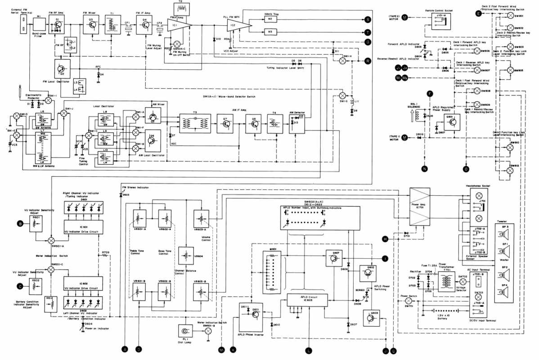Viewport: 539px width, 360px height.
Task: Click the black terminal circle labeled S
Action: tap(368, 20)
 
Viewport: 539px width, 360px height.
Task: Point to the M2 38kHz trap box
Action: tap(270, 19)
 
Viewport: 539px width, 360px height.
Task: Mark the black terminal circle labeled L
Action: tap(309, 350)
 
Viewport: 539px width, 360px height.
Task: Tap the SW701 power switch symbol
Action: tap(409, 301)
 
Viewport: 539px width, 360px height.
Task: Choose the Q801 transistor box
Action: tap(450, 122)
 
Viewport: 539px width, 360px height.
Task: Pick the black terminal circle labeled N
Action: tap(424, 169)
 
